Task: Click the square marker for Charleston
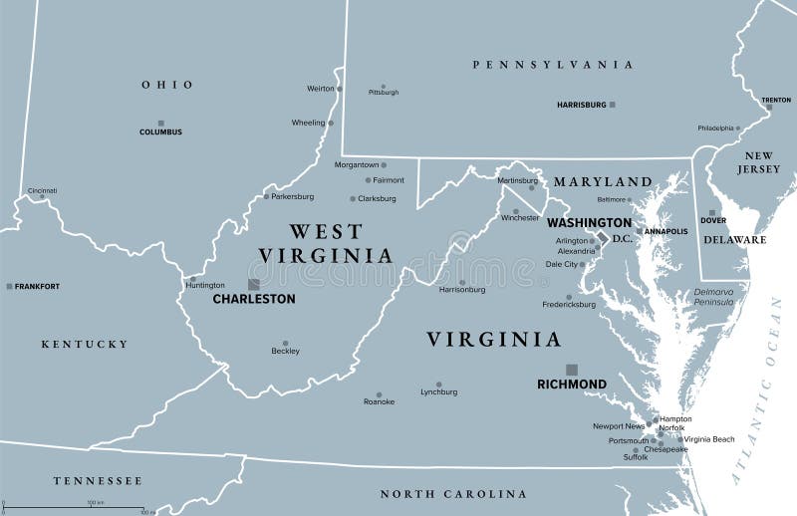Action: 254,284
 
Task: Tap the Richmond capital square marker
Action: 571,369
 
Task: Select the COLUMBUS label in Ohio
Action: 160,131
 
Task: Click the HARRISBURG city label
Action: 581,104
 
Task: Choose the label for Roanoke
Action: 379,401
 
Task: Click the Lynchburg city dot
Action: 438,382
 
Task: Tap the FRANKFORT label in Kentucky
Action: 37,286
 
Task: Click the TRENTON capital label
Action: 776,100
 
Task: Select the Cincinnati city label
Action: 42,190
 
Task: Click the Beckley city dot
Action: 285,343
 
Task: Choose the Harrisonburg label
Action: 462,290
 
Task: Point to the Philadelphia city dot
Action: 738,128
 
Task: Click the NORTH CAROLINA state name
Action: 453,494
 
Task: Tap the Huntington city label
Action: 205,285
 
